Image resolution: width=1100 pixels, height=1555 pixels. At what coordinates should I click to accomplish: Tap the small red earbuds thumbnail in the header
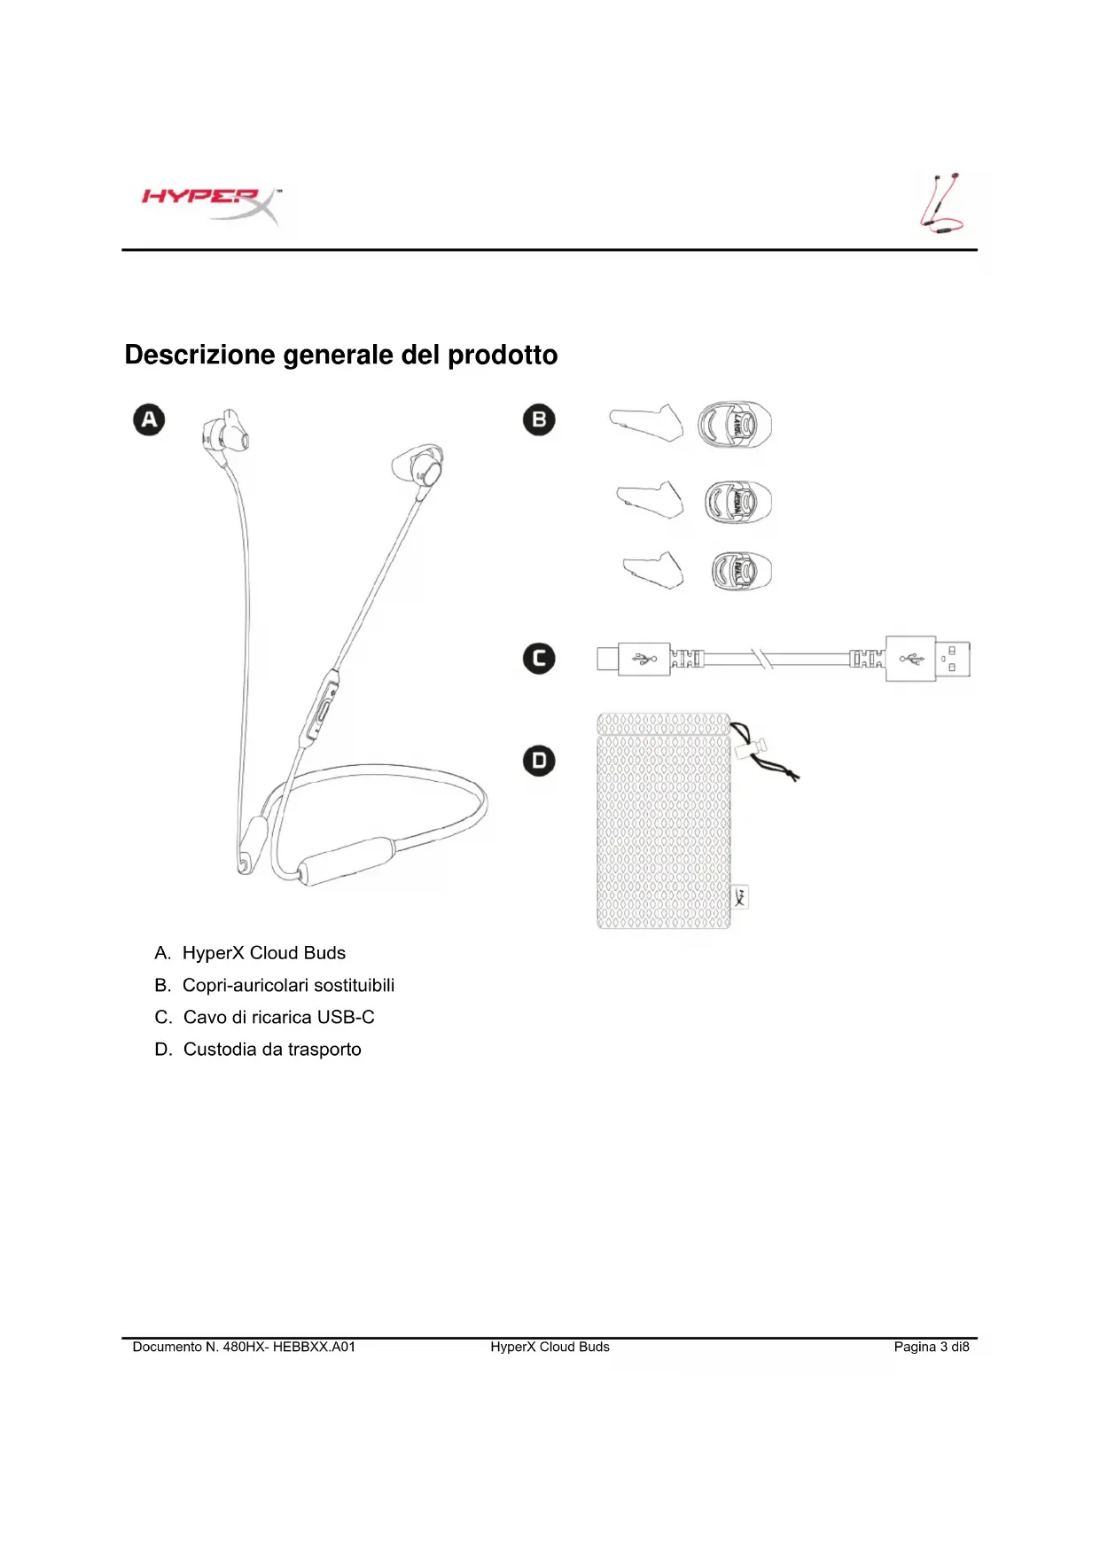click(941, 204)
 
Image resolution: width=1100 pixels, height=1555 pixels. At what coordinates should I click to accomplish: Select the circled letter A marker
click(149, 419)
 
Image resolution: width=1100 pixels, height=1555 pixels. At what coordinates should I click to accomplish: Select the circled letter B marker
click(539, 419)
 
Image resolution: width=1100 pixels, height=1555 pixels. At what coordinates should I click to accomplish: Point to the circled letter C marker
click(539, 659)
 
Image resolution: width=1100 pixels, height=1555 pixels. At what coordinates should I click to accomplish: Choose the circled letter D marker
click(539, 761)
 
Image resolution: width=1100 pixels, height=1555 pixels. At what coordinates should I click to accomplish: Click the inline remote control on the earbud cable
click(323, 705)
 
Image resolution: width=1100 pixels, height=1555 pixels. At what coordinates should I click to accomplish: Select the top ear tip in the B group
click(734, 425)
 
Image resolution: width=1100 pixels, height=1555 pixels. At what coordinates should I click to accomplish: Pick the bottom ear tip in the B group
click(741, 571)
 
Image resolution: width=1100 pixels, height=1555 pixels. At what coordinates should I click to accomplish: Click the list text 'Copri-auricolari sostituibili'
click(288, 985)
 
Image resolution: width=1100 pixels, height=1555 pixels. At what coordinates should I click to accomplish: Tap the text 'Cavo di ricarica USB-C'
click(278, 1017)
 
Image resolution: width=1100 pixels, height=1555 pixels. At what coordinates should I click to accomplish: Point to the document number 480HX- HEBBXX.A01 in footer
click(288, 1347)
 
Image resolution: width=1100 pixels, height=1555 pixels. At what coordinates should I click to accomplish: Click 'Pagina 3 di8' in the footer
click(931, 1347)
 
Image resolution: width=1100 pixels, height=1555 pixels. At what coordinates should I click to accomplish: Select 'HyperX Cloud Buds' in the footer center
click(550, 1347)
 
